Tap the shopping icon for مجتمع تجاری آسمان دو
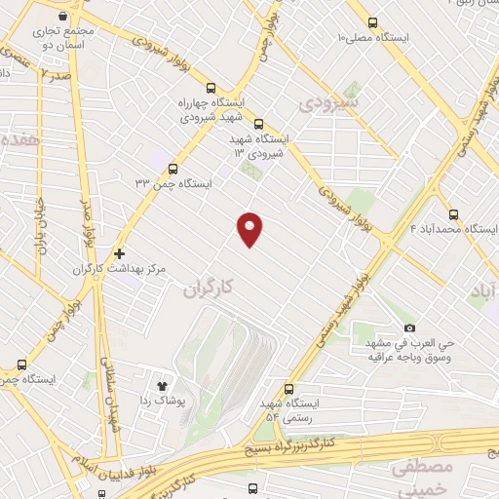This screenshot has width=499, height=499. [x=63, y=17]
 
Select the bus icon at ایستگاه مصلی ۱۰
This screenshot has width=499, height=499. [x=373, y=22]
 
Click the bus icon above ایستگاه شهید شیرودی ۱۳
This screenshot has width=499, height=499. [x=258, y=124]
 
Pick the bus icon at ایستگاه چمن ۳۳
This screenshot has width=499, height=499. [x=173, y=168]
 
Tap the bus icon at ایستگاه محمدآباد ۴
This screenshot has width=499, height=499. [x=453, y=214]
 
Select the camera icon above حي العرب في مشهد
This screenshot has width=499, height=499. [x=409, y=327]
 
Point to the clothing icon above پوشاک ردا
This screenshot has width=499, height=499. [x=162, y=385]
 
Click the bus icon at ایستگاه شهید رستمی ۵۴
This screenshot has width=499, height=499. [x=288, y=387]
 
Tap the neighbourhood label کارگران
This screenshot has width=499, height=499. [x=209, y=288]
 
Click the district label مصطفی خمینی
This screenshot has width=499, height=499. [x=423, y=478]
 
